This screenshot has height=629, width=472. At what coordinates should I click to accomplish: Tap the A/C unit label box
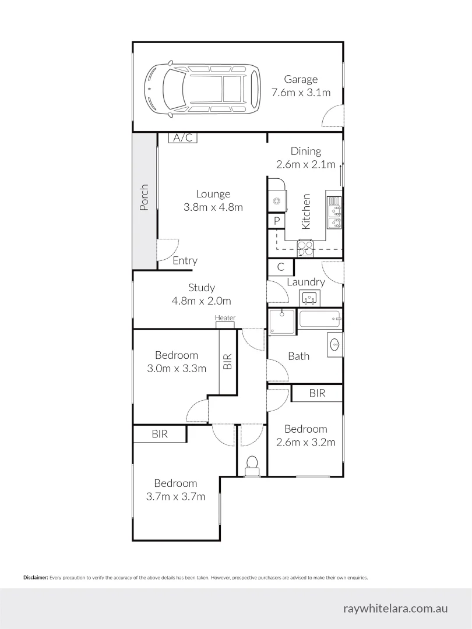[183, 137]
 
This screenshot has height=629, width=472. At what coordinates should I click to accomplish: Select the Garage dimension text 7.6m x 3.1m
[301, 93]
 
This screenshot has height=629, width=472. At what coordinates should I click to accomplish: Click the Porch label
[145, 197]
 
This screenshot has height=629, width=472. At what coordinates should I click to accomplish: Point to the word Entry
[185, 261]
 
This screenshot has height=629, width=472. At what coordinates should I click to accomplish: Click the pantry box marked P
[276, 221]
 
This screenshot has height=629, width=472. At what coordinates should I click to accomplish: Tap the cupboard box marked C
[280, 267]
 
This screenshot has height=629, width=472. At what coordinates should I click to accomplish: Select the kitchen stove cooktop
[305, 248]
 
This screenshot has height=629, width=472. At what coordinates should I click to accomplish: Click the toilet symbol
[252, 464]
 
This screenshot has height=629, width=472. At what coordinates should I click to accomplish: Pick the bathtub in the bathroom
[319, 319]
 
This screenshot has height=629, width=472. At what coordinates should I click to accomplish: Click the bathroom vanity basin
[334, 344]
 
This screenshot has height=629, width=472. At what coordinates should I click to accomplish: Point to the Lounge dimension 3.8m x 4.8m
[213, 207]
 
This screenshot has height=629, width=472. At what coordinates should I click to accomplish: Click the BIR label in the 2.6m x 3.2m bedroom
[317, 394]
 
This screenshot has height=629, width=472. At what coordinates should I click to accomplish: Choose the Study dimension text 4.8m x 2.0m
[201, 301]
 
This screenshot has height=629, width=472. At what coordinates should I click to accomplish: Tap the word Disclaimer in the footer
[36, 578]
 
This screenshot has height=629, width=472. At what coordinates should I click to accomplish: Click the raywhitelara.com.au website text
[396, 608]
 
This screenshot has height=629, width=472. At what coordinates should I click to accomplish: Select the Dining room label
[306, 151]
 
